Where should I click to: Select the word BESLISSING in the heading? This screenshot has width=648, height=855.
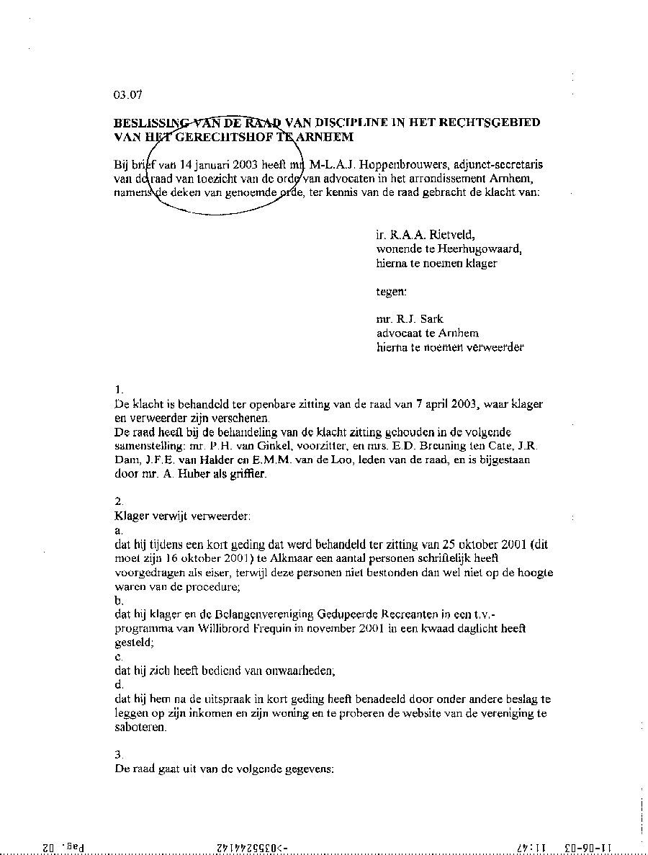coord(148,122)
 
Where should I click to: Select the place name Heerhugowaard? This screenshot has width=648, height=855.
coord(478,249)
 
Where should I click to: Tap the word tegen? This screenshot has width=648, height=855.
coord(391,292)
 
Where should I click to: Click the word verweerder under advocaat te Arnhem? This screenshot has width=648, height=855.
coord(497,347)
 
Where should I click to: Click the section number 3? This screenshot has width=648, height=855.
coord(119,754)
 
